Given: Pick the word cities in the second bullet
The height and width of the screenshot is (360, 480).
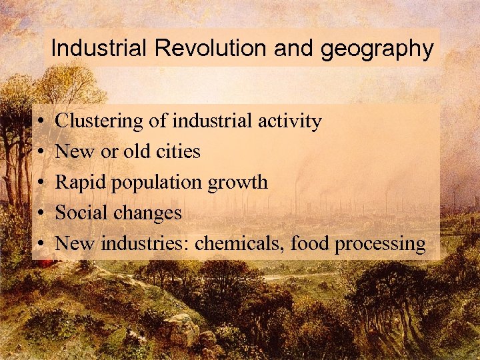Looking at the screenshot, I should coord(178,152).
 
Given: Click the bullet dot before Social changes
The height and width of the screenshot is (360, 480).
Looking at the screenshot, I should coord(41,213).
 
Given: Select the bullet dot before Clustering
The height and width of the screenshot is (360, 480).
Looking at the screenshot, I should coord(41,122).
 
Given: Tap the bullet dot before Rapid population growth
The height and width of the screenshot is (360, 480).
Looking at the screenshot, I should coord(41,183).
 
